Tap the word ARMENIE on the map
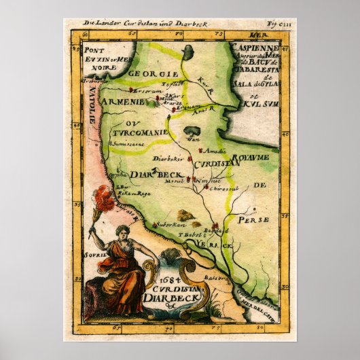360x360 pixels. [x=121, y=101]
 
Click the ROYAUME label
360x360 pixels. [x=253, y=157]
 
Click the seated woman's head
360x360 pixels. [x=123, y=232]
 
